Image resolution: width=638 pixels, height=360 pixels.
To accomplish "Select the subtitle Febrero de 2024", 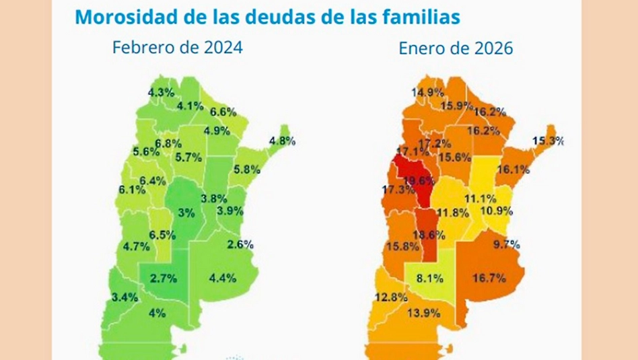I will point(177,48).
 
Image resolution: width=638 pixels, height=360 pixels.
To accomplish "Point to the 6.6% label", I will point(223,112).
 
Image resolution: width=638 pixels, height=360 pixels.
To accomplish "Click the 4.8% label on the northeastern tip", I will point(282,141).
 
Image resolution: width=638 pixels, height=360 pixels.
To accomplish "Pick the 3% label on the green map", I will point(186,213).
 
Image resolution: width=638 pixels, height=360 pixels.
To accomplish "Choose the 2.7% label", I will point(163,277).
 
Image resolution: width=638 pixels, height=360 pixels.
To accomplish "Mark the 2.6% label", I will point(240,244).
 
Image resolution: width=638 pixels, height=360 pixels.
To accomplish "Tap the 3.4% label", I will point(125,297).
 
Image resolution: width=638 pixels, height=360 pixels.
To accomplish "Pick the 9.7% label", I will point(507,244).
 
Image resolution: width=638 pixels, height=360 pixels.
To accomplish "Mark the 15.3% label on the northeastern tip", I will point(548,141).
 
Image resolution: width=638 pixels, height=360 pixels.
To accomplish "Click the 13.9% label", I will point(424,312).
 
